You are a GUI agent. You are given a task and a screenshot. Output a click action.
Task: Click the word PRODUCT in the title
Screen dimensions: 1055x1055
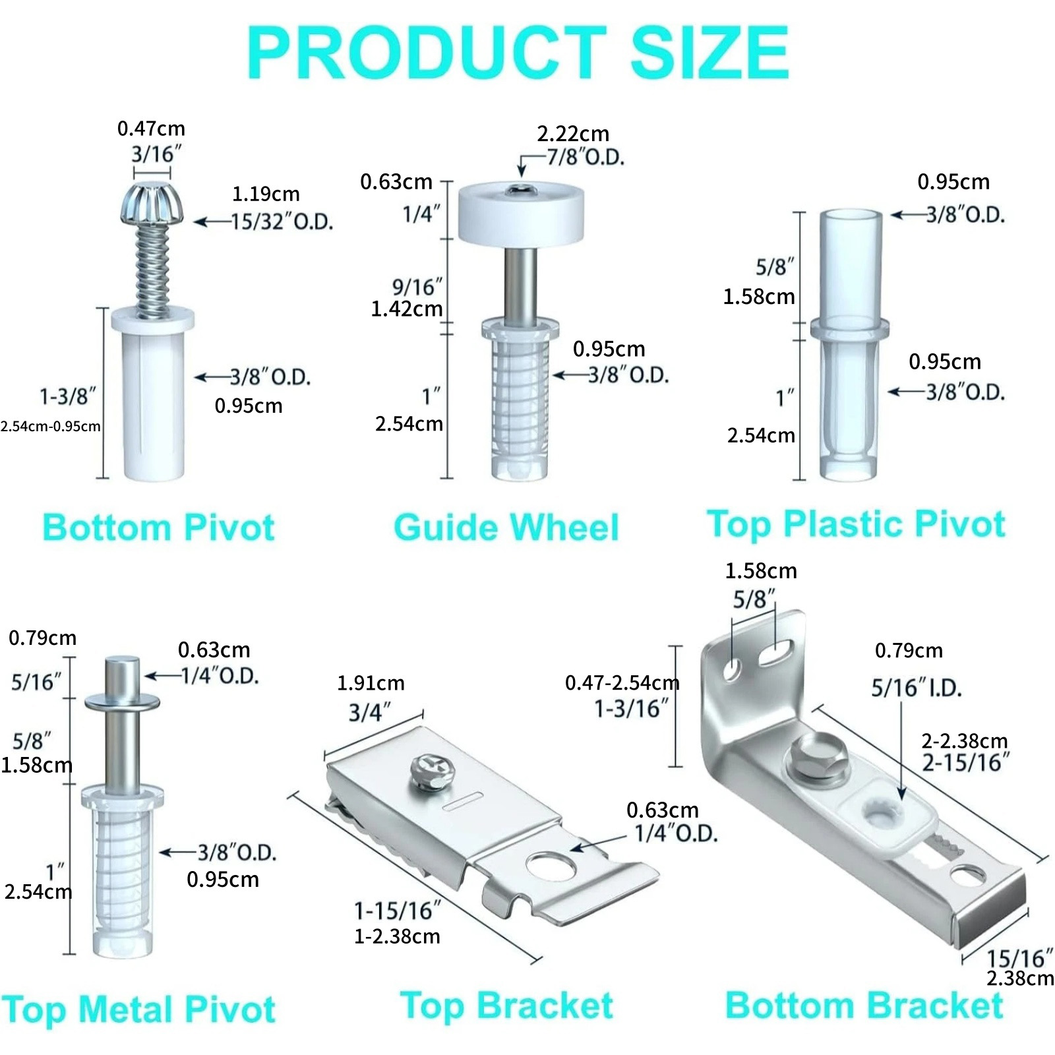click(426, 53)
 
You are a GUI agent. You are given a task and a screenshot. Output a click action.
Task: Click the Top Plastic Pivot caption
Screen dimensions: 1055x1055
click(856, 525)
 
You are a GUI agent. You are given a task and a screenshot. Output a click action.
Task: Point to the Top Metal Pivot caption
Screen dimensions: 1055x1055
click(138, 1010)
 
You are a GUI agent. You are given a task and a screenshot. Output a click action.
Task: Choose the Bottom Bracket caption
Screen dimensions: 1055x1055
click(864, 1006)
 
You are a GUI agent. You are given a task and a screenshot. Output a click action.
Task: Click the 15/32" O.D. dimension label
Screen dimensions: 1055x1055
click(282, 222)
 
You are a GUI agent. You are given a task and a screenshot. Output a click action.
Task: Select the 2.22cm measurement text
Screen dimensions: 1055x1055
click(573, 134)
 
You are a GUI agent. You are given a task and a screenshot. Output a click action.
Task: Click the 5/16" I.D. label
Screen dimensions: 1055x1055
click(917, 688)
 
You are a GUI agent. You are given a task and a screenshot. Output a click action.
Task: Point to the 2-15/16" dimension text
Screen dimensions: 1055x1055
click(965, 763)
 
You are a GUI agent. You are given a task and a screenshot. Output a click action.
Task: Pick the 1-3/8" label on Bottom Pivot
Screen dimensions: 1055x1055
click(68, 397)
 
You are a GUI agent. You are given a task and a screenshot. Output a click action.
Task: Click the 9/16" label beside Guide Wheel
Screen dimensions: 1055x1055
click(417, 287)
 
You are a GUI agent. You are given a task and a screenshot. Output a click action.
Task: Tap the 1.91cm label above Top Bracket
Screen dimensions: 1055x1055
click(371, 683)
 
